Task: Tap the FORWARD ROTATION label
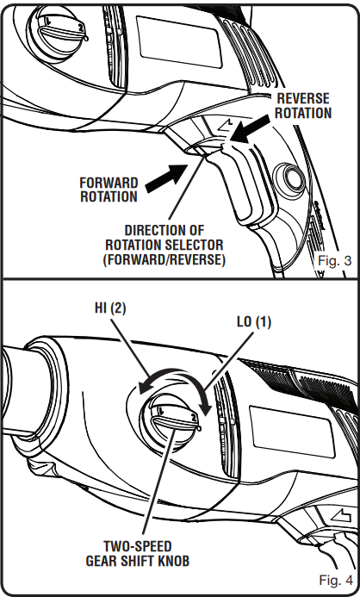(x=109, y=190)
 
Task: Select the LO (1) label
(x=252, y=321)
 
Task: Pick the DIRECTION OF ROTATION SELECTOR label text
(x=175, y=245)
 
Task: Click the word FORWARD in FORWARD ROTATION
(x=109, y=183)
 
